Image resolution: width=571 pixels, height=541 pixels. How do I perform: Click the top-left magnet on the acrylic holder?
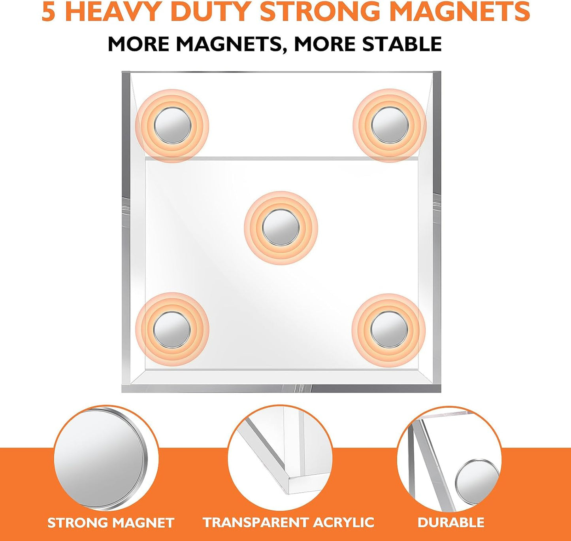click(x=172, y=126)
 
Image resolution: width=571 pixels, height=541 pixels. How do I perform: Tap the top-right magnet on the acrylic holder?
click(x=390, y=126)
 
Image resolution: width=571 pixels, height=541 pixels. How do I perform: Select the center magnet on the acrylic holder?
click(x=281, y=228)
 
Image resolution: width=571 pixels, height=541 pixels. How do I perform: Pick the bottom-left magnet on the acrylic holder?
click(x=172, y=329)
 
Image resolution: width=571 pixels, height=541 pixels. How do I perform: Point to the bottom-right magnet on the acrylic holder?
click(x=389, y=329)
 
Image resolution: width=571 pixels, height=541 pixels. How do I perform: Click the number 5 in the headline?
click(x=48, y=12)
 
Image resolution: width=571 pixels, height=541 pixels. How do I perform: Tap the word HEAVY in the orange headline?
click(x=115, y=12)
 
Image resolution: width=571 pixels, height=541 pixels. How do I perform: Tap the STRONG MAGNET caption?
click(x=111, y=523)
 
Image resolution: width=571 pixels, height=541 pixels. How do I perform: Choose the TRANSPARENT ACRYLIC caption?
click(x=288, y=522)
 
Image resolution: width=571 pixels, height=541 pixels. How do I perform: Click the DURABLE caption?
click(x=451, y=522)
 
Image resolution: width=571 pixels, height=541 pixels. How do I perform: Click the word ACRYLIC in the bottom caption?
click(x=343, y=522)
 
